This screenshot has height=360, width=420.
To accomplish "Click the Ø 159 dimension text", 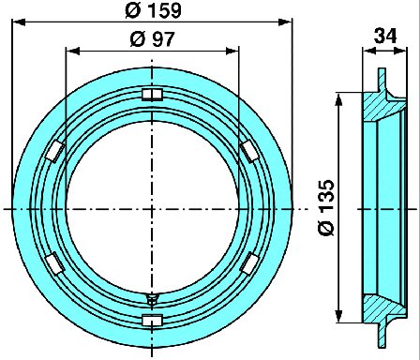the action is pyautogui.click(x=153, y=10).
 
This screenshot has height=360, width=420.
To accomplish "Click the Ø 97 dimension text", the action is pyautogui.click(x=152, y=39).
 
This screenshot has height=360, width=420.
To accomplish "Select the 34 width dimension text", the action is pyautogui.click(x=385, y=36).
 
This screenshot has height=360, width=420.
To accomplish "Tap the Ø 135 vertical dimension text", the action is pyautogui.click(x=326, y=207).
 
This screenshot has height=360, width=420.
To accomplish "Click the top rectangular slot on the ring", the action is pyautogui.click(x=152, y=95).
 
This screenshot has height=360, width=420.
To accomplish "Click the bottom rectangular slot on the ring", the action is pyautogui.click(x=152, y=320).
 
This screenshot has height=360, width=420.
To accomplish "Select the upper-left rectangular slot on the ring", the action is pyautogui.click(x=55, y=151).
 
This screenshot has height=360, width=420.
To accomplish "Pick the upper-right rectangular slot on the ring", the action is pyautogui.click(x=249, y=150).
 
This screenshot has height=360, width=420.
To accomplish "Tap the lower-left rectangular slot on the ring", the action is pyautogui.click(x=55, y=263).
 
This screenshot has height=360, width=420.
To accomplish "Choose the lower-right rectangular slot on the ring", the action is pyautogui.click(x=249, y=263).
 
